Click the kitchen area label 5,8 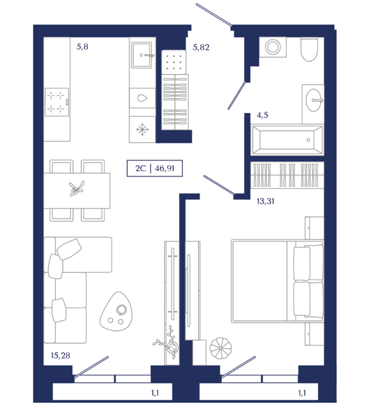[x=82, y=47]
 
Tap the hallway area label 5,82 [x=201, y=47]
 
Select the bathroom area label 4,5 [x=262, y=115]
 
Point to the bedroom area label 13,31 [x=266, y=201]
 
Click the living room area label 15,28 [x=60, y=356]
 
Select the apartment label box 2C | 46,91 [x=155, y=169]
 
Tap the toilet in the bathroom [x=309, y=49]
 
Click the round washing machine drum [x=273, y=47]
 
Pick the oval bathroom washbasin [x=313, y=100]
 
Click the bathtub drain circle [x=308, y=140]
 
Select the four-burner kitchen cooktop [x=57, y=102]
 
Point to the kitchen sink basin [x=141, y=55]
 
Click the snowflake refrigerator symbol [x=143, y=129]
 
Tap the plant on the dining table [x=76, y=188]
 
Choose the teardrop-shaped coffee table [x=116, y=312]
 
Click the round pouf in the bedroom [x=221, y=348]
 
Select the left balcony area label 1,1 [x=155, y=393]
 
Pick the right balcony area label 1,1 [x=302, y=393]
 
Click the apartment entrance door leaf [x=214, y=15]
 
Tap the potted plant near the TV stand [x=168, y=343]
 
